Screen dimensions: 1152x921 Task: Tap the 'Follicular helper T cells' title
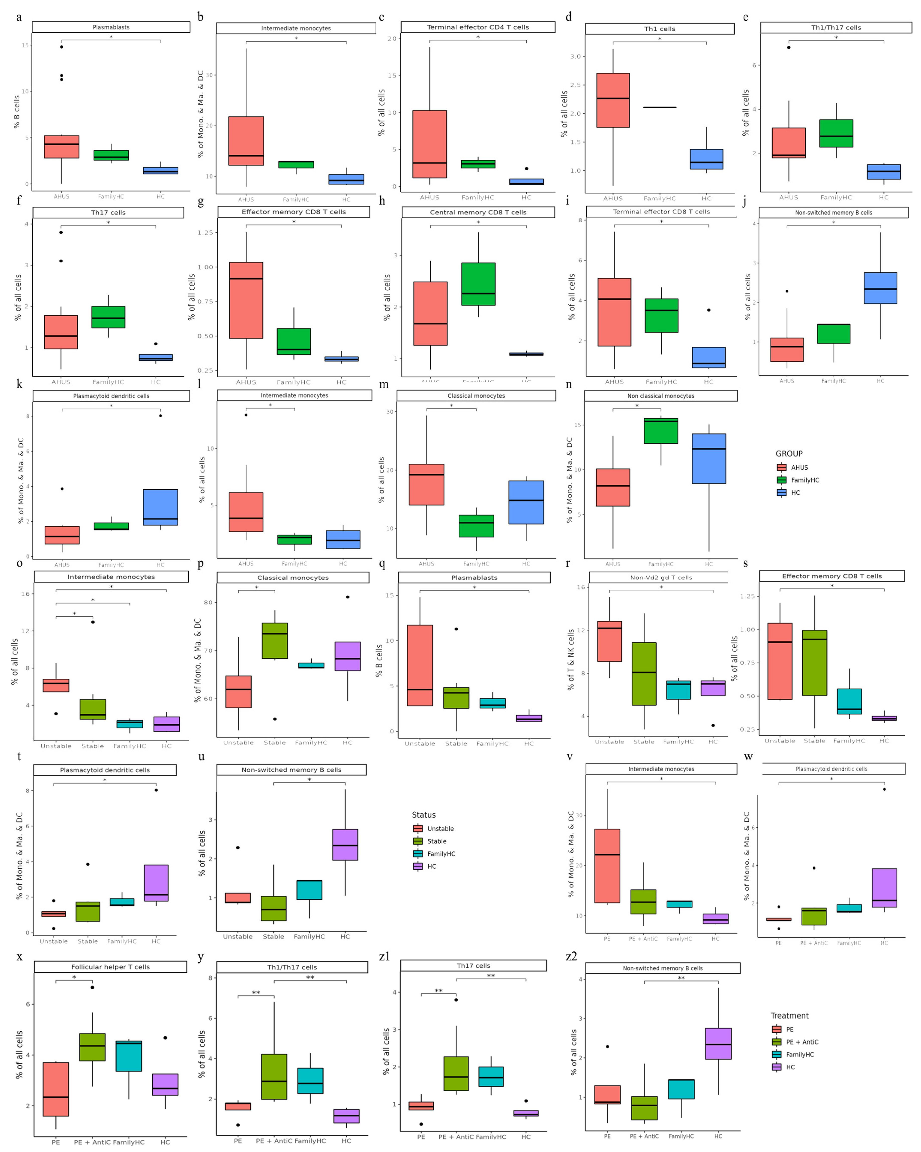[x=111, y=967]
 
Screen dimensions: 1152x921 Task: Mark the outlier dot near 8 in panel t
[x=156, y=790]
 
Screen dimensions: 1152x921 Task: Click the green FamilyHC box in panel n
[x=661, y=431]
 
